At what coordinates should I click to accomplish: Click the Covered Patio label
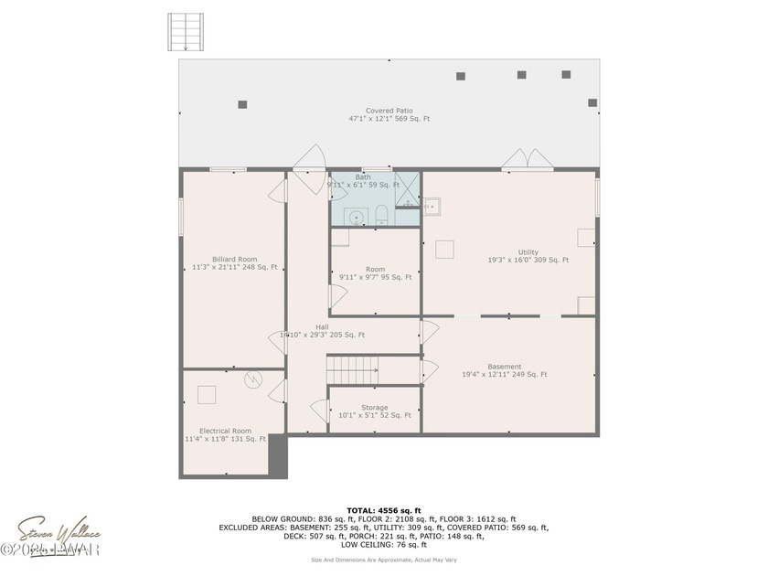point(389,111)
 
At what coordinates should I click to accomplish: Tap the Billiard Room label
point(234,259)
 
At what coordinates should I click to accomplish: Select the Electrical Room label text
point(225,431)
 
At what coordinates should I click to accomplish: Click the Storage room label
point(374,408)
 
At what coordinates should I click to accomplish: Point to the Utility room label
point(528,252)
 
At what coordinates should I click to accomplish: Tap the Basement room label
point(504,367)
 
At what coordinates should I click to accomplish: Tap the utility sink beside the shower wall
point(432,207)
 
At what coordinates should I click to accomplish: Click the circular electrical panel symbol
point(253,383)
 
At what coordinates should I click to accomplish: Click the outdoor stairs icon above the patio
point(186,32)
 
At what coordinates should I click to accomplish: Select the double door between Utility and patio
point(528,160)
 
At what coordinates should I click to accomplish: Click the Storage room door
point(320,411)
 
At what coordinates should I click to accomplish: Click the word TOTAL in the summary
point(359,510)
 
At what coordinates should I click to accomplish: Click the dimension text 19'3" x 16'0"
point(528,260)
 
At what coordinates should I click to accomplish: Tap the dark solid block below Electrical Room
point(278,458)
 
